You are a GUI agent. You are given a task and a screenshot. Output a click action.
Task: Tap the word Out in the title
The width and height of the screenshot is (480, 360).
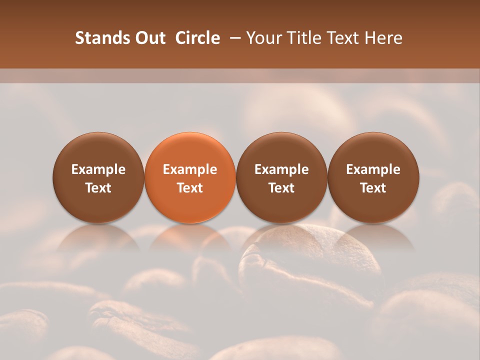click(148, 38)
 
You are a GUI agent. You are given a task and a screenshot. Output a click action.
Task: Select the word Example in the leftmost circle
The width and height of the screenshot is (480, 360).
click(98, 169)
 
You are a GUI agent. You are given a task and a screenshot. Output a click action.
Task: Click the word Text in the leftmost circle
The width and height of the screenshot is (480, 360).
click(98, 188)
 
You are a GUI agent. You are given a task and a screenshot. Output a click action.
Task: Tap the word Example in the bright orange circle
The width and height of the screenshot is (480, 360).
click(190, 169)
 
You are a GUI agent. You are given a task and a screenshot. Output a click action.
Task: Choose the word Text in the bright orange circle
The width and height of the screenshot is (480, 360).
click(190, 188)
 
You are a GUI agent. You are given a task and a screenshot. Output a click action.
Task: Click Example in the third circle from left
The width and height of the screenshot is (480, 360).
click(281, 169)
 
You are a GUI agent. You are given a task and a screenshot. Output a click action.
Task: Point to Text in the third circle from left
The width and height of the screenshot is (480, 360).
click(281, 188)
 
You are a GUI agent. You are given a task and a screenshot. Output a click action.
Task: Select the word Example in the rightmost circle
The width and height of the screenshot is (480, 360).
click(373, 169)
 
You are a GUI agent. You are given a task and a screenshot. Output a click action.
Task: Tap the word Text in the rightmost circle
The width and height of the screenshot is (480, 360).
click(373, 188)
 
